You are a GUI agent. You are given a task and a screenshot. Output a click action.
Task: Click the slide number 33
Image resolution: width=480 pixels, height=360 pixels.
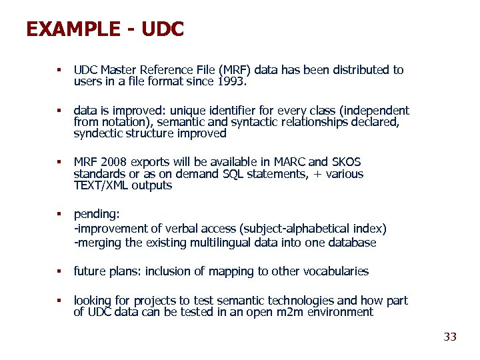pyautogui.click(x=450, y=337)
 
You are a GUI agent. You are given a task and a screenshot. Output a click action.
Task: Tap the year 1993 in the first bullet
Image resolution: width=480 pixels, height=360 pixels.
pyautogui.click(x=231, y=82)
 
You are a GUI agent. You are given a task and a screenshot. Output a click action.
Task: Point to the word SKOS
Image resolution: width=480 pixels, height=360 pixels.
pyautogui.click(x=347, y=162)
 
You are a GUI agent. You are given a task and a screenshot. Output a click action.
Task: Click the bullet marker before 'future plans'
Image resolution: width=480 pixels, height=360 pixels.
pyautogui.click(x=59, y=271)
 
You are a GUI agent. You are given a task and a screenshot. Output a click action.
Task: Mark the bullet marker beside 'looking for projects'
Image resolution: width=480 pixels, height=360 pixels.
pyautogui.click(x=59, y=301)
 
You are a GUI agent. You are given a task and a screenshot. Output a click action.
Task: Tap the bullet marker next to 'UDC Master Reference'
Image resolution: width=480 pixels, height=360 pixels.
pyautogui.click(x=59, y=70)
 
